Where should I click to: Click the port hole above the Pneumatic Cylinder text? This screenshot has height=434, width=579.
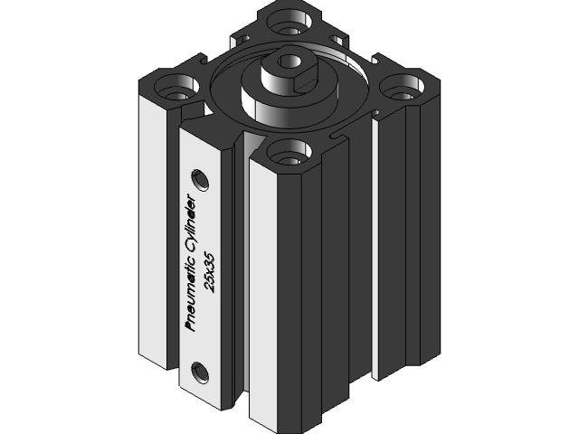[201, 177]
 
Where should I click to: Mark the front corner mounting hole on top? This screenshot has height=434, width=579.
[287, 152]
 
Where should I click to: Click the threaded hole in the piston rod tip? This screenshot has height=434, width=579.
[289, 61]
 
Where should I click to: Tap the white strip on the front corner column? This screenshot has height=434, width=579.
[269, 298]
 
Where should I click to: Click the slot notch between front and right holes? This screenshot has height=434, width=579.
[342, 136]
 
